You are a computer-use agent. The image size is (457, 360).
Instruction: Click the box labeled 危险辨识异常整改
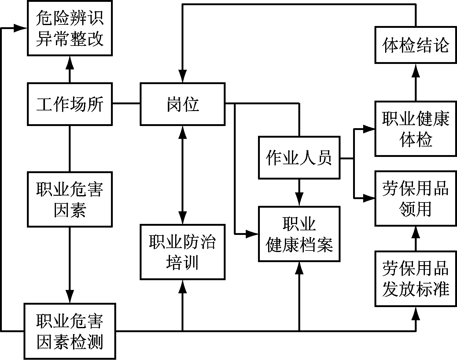[70, 28]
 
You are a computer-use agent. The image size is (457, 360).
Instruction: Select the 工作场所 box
[70, 104]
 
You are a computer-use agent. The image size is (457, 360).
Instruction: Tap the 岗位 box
[182, 104]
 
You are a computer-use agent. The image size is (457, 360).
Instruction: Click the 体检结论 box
[415, 45]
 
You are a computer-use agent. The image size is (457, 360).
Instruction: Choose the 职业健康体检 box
[415, 129]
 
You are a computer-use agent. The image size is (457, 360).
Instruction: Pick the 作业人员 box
[299, 158]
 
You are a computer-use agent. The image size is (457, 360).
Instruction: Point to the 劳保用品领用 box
[415, 199]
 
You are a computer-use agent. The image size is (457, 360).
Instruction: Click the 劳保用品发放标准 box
[415, 279]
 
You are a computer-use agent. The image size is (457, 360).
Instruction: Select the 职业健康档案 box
[299, 234]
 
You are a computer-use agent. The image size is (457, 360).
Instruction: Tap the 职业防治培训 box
[182, 252]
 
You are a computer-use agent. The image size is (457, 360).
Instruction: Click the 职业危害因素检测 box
[70, 331]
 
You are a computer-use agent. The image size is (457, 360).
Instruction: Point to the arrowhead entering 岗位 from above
[182, 76]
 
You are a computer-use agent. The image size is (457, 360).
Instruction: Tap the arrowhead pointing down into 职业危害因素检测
[70, 297]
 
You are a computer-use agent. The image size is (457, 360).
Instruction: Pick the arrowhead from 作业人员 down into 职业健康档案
[299, 200]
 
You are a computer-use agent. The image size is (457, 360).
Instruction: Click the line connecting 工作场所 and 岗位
[126, 104]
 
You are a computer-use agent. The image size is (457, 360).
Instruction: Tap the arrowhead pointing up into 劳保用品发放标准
[415, 313]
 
